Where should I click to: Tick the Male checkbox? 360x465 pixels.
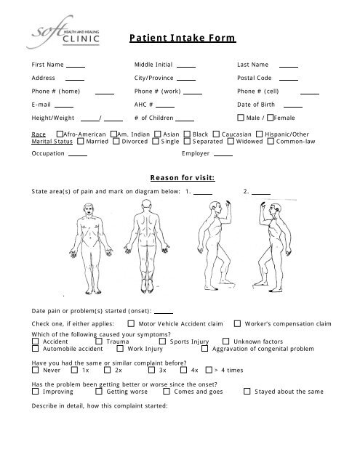[241, 117]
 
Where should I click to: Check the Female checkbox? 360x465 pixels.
[271, 117]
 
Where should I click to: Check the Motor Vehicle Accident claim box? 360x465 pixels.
[131, 324]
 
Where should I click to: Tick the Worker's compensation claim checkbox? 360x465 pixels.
[239, 324]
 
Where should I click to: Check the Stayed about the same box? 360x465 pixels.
[247, 392]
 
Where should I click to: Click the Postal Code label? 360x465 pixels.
[255, 78]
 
